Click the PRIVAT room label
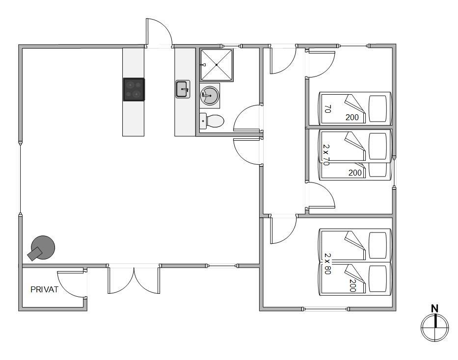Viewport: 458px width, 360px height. pyautogui.click(x=44, y=289)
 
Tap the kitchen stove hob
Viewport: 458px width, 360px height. pyautogui.click(x=134, y=89)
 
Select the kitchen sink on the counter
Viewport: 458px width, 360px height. pyautogui.click(x=183, y=89)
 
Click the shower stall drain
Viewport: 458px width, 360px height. pyautogui.click(x=216, y=64)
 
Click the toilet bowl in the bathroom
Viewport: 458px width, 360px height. pyautogui.click(x=215, y=121)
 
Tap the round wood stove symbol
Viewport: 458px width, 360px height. pyautogui.click(x=43, y=247)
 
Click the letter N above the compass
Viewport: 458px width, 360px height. pyautogui.click(x=434, y=309)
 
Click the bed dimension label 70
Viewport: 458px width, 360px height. pyautogui.click(x=327, y=109)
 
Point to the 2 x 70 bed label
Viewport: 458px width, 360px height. pyautogui.click(x=326, y=154)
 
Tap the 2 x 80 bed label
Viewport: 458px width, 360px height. pyautogui.click(x=327, y=264)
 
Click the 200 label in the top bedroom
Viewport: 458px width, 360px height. pyautogui.click(x=352, y=117)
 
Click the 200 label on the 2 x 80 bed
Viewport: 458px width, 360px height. pyautogui.click(x=352, y=285)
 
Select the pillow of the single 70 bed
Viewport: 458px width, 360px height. pyautogui.click(x=378, y=108)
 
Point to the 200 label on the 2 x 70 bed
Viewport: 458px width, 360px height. pyautogui.click(x=355, y=173)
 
